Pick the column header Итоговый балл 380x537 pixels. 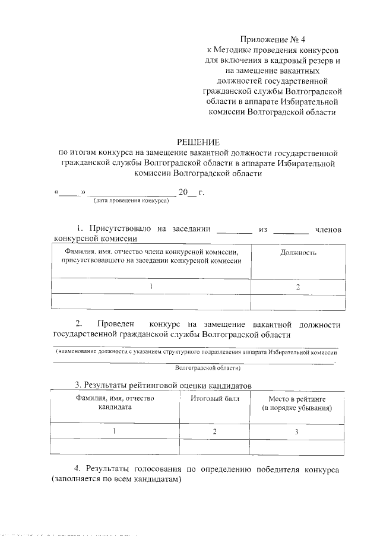click(215, 399)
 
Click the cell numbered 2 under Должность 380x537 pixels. click(297, 286)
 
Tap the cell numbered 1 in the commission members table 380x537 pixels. click(151, 286)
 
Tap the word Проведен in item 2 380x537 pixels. click(114, 324)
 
